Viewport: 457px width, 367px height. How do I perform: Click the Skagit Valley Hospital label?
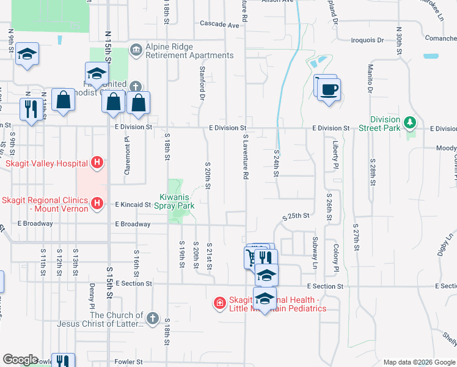[45, 163]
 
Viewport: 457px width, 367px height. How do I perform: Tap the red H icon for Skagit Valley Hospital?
[96, 163]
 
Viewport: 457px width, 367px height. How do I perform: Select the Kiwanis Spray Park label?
[177, 201]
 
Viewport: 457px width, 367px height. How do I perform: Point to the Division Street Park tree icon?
[411, 123]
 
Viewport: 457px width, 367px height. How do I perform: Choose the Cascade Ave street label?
[219, 25]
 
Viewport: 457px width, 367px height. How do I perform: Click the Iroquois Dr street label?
[368, 40]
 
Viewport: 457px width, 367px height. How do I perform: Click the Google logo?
[20, 360]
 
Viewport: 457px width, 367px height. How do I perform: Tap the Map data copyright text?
[419, 362]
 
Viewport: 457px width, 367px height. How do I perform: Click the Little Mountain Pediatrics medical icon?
[219, 303]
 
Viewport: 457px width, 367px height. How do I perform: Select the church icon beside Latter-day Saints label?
[152, 319]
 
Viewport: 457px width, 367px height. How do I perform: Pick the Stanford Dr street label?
[202, 84]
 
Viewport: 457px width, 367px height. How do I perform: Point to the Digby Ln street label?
[450, 243]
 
